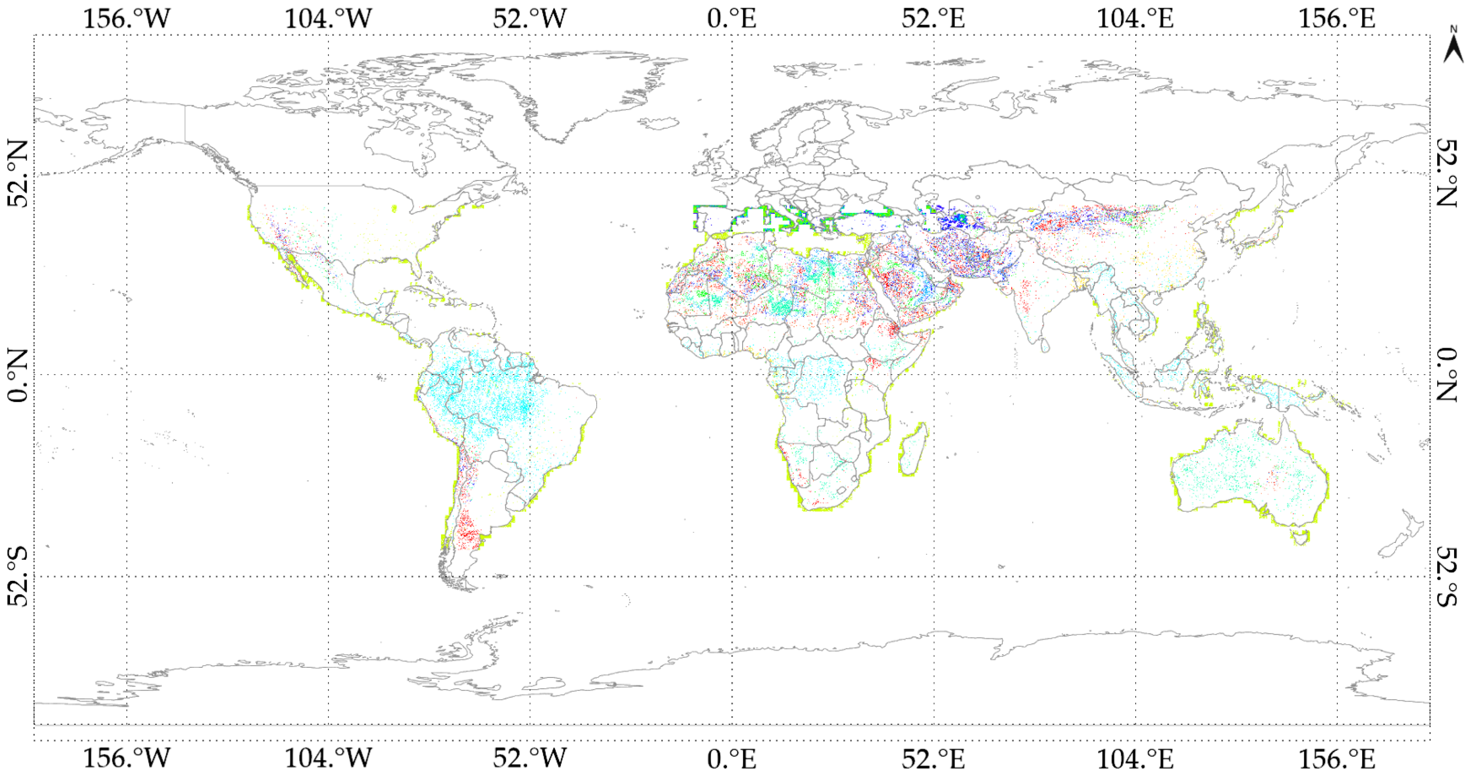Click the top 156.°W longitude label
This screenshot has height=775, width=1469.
(127, 18)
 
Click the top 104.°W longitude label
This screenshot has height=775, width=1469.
(328, 18)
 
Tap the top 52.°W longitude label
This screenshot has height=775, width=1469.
(530, 18)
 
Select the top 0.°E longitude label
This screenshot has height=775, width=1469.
(732, 18)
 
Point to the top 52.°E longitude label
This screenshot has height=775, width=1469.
(933, 18)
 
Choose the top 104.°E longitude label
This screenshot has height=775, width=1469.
(1135, 18)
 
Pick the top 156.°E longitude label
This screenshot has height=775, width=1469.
(1337, 18)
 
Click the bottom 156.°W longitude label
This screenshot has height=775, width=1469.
(127, 758)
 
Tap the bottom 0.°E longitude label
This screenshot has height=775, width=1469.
(732, 758)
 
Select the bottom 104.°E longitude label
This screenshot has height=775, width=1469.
(1135, 758)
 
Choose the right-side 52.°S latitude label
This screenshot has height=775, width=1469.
(1447, 576)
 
